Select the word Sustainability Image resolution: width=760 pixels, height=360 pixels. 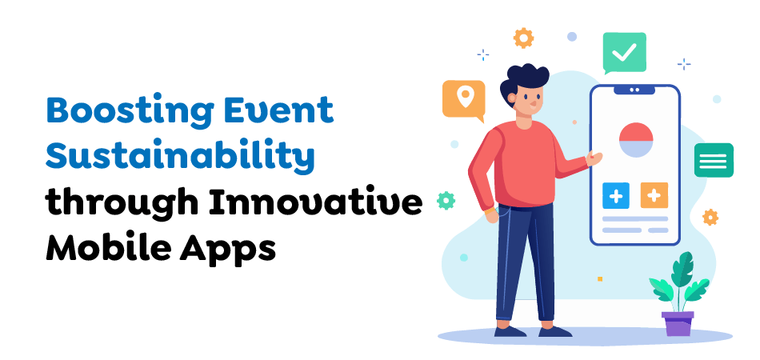179,158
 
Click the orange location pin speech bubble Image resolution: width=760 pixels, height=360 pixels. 463,99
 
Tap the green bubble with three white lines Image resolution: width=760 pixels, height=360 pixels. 714,160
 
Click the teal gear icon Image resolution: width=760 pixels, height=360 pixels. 446,200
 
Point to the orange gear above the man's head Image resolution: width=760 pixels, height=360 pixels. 523,37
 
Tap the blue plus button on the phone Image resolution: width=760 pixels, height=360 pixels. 615,194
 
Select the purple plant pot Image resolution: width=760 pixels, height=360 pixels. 678,323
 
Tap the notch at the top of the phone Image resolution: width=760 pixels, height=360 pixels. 634,90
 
